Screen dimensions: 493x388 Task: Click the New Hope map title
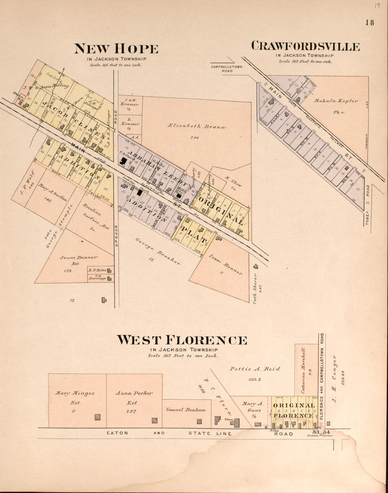[116, 49]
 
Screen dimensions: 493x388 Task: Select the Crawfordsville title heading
[305, 46]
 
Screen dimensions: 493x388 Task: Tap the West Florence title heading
[182, 340]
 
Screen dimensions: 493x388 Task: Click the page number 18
[370, 23]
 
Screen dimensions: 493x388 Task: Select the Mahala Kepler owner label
[335, 101]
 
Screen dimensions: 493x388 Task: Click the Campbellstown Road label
[226, 68]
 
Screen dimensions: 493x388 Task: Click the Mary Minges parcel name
[75, 393]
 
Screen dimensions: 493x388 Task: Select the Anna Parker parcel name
[134, 393]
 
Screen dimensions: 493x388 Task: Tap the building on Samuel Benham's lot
[199, 421]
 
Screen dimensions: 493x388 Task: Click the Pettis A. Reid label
[255, 369]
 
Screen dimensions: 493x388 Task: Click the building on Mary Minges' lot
[97, 417]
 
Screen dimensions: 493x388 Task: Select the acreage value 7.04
[195, 138]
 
